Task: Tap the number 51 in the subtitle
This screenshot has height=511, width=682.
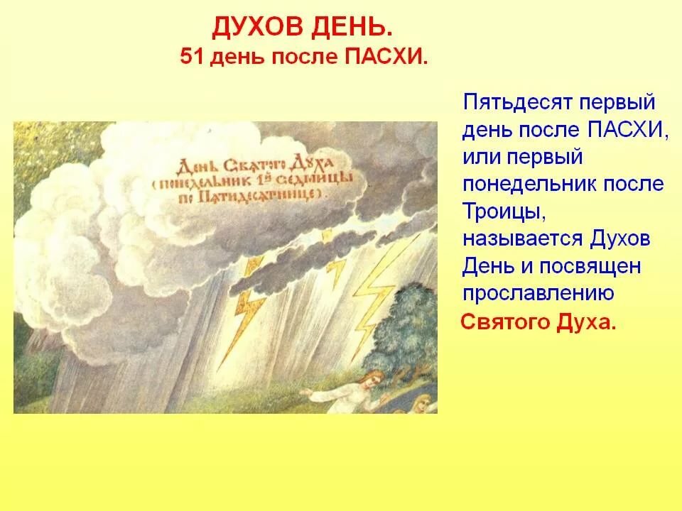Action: (x=192, y=57)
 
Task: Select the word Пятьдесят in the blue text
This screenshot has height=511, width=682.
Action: (x=516, y=103)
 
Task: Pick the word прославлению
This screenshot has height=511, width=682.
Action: (x=538, y=294)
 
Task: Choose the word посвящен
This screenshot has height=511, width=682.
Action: (x=590, y=266)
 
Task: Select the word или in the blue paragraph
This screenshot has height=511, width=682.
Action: (x=480, y=157)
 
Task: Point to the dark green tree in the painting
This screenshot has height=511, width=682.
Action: (x=406, y=330)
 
